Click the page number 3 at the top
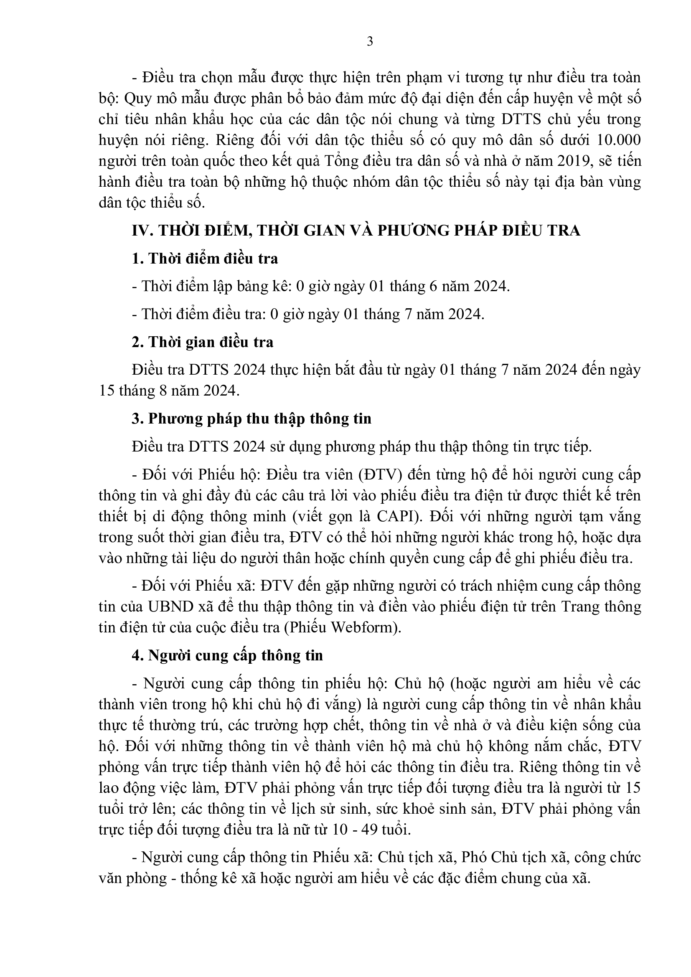370,42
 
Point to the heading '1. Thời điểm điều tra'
205,258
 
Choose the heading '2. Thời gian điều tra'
203,342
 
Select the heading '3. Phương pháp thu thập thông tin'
252,419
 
